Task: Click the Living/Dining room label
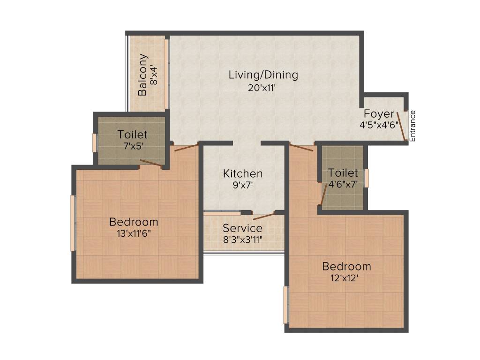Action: (263, 75)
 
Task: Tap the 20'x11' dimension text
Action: (263, 88)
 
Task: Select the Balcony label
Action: (142, 75)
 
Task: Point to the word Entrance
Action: (412, 126)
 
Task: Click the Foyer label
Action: (379, 114)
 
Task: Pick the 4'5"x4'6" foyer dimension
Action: (379, 125)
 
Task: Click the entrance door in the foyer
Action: (401, 126)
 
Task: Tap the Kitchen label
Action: (242, 173)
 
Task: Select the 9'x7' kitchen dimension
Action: (242, 185)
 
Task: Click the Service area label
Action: (242, 228)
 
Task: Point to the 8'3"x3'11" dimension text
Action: (242, 240)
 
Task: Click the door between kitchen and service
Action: (263, 216)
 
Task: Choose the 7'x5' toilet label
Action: (133, 146)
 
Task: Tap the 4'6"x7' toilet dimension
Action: (343, 184)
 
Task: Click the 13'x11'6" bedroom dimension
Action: (134, 233)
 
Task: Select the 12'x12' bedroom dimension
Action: (346, 278)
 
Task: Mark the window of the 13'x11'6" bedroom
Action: (73, 223)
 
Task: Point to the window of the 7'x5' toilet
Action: (94, 143)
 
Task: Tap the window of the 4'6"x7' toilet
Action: (367, 178)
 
